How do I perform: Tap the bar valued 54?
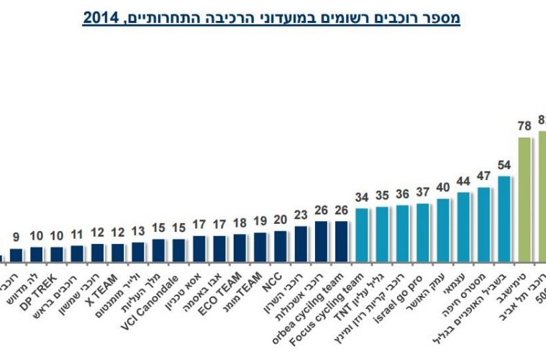(x=504, y=217)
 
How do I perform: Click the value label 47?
(x=483, y=176)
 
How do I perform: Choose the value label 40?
(x=443, y=187)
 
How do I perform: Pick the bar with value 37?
(x=423, y=232)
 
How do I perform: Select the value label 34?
(x=362, y=197)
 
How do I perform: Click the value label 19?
(x=260, y=221)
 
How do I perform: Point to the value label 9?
(x=16, y=236)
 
